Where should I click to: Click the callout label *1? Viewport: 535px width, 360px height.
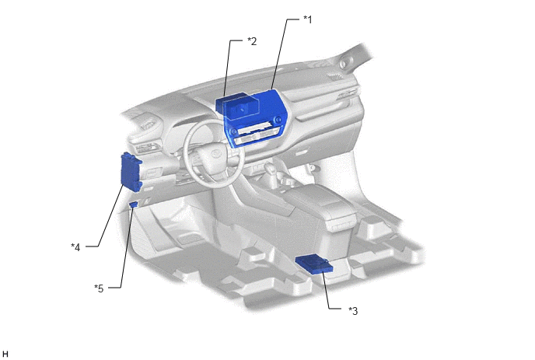(308, 19)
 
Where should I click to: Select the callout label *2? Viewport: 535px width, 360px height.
(252, 41)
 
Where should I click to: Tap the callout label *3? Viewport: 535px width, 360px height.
(353, 311)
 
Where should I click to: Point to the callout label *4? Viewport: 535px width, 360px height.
(75, 246)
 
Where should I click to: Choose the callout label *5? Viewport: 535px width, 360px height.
(99, 288)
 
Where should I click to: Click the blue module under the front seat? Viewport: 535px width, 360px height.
(314, 264)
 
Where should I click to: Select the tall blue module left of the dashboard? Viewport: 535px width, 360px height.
(131, 171)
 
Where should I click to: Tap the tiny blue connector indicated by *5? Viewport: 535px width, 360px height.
(134, 204)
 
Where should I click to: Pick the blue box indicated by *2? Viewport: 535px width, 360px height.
(237, 107)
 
